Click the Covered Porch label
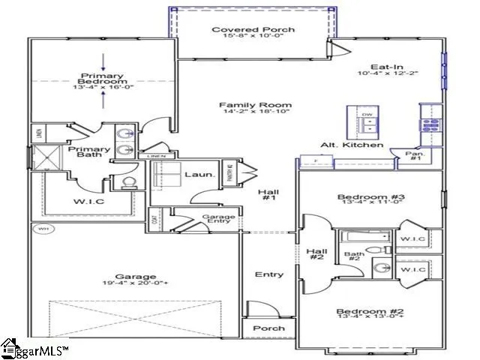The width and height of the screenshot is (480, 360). pos(241,30)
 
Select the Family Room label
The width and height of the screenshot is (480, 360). pos(244,106)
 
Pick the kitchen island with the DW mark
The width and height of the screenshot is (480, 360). pos(367,122)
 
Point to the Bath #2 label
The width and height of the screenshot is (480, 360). pos(355,257)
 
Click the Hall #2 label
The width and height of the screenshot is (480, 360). pos(316,253)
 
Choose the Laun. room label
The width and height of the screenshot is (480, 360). pos(199,175)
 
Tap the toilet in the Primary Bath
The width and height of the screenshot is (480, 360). pos(127,182)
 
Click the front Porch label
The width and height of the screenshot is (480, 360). pos(268,328)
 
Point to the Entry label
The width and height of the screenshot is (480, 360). pos(268,274)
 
